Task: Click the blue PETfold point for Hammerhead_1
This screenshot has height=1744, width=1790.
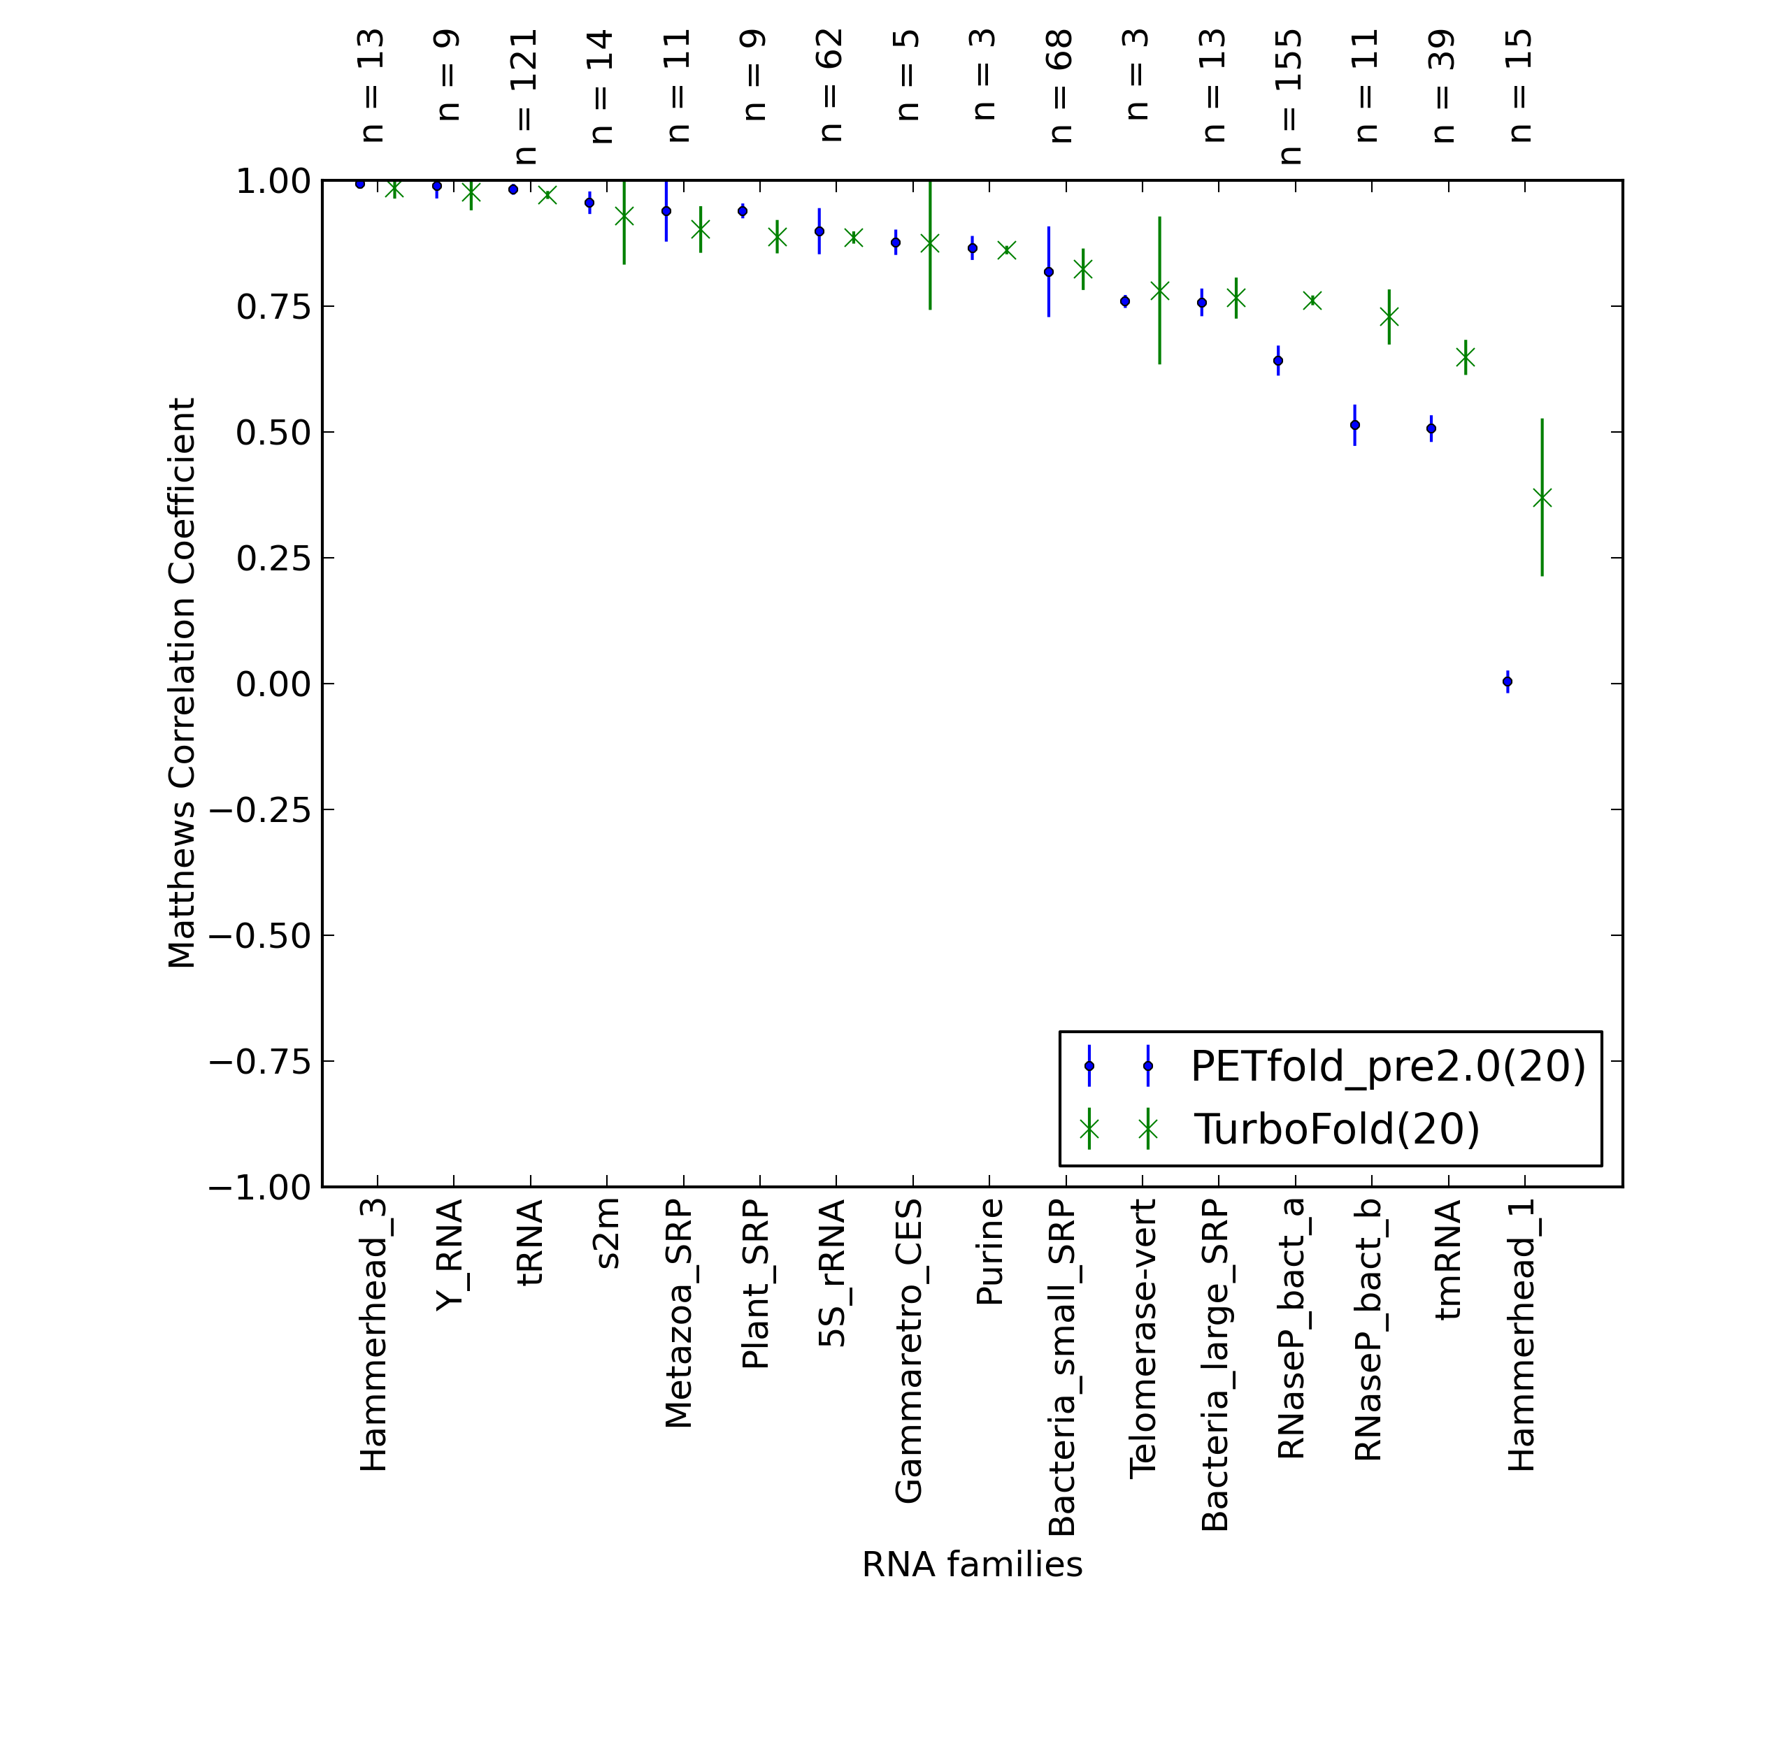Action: pos(1507,682)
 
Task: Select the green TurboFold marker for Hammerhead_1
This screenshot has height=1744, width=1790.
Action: pos(1542,498)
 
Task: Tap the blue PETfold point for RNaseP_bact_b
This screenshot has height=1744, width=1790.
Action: pos(1355,425)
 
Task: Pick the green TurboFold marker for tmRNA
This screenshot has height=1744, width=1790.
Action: pos(1466,356)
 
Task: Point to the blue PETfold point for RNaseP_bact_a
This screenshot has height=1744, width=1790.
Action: pos(1278,361)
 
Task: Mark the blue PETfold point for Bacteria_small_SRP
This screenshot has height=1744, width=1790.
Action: pos(1049,272)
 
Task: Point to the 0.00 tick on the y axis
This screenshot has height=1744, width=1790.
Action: pos(322,684)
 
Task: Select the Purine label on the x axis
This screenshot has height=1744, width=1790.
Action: pos(989,1252)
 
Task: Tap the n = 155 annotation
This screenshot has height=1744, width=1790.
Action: pos(1290,97)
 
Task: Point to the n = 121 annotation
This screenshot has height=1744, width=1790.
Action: pos(526,97)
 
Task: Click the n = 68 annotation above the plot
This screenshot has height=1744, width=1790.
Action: pos(1061,86)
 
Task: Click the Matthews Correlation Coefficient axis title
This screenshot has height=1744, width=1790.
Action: pos(181,682)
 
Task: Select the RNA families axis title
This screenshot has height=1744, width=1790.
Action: pos(972,1564)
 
